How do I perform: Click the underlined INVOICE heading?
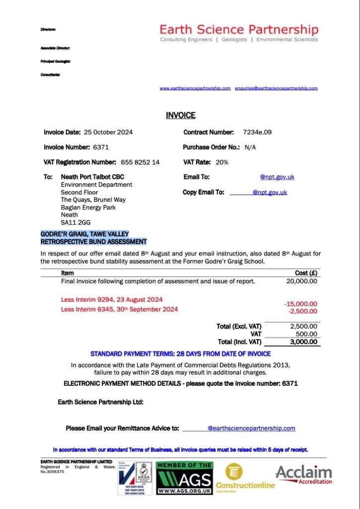point(180,115)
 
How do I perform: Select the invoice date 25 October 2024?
point(108,132)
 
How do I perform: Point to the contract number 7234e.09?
point(257,132)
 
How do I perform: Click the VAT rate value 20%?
point(222,162)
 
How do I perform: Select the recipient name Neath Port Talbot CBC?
point(92,176)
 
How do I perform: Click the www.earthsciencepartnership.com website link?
point(195,88)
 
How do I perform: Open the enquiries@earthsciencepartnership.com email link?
point(276,88)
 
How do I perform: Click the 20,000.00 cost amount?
point(302,281)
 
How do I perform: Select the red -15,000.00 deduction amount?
point(300,304)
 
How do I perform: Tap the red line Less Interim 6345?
point(119,309)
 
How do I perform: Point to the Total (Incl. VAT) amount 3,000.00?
point(303,341)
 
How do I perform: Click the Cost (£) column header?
point(306,273)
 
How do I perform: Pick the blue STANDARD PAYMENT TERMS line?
point(180,354)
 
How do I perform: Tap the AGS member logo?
point(184,478)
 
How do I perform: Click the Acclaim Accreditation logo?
point(304,474)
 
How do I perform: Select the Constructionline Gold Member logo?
point(245,478)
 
